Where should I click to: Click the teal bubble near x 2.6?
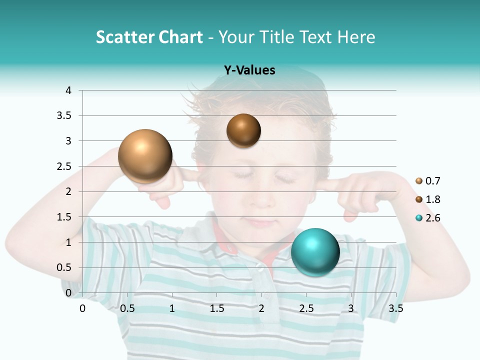pyautogui.click(x=315, y=252)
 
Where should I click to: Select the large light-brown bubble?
pyautogui.click(x=145, y=156)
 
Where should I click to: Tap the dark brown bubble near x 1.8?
pyautogui.click(x=243, y=130)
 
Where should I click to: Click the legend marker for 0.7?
pyautogui.click(x=419, y=181)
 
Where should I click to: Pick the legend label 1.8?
pyautogui.click(x=433, y=199)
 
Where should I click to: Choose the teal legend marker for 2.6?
pyautogui.click(x=419, y=218)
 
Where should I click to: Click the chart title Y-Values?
pyautogui.click(x=249, y=70)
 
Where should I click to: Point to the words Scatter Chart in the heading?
pyautogui.click(x=149, y=37)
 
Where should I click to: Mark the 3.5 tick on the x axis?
pyautogui.click(x=395, y=308)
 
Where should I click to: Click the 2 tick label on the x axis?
pyautogui.click(x=261, y=308)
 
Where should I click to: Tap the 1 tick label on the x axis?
pyautogui.click(x=172, y=308)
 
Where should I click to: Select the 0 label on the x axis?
pyautogui.click(x=82, y=308)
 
